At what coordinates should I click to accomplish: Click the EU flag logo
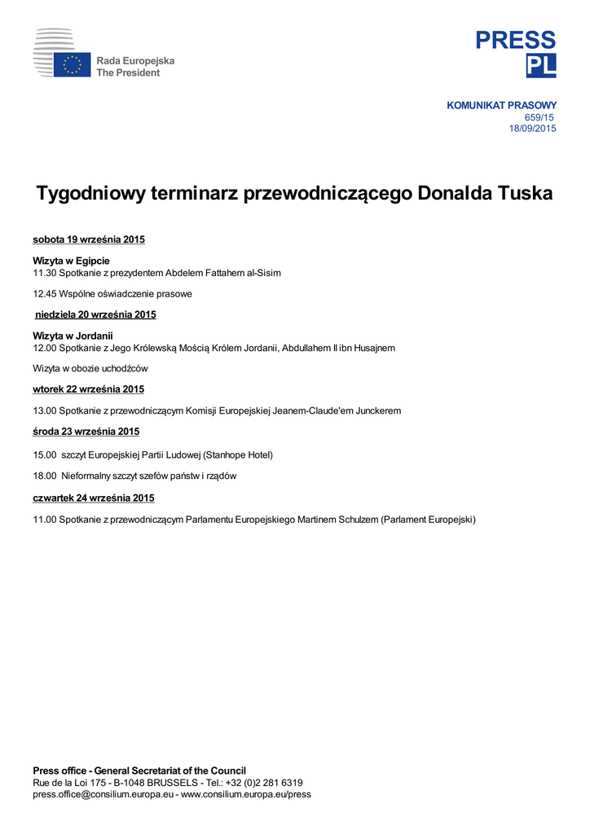[x=72, y=65]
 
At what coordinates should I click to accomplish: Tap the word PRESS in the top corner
[x=516, y=40]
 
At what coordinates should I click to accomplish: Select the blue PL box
[x=540, y=66]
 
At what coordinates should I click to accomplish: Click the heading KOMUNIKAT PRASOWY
[x=501, y=106]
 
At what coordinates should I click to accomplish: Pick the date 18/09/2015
[x=532, y=129]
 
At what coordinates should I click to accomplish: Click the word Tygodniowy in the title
[x=97, y=194]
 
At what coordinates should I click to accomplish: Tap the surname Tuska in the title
[x=521, y=194]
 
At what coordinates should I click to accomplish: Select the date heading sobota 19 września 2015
[x=89, y=239]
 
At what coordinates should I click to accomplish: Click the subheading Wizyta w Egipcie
[x=71, y=261]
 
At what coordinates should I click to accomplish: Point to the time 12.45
[x=44, y=293]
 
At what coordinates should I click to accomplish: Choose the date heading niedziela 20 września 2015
[x=95, y=314]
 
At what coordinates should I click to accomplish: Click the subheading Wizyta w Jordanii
[x=73, y=336]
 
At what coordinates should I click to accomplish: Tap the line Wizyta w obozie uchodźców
[x=90, y=368]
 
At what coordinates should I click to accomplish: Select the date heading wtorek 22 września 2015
[x=88, y=389]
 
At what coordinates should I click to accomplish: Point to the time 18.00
[x=44, y=476]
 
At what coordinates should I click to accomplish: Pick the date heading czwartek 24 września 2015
[x=93, y=498]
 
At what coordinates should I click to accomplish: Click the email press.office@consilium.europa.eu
[x=103, y=794]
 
